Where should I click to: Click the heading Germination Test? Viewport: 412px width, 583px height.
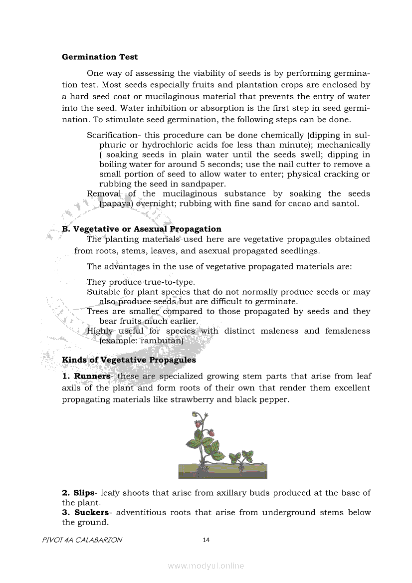click(x=100, y=57)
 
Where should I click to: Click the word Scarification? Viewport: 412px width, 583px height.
click(x=111, y=135)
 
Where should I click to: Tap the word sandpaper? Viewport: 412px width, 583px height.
click(x=203, y=184)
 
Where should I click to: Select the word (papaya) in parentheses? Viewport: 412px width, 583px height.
click(x=115, y=203)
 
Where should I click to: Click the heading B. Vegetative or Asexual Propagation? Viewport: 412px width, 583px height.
click(x=142, y=229)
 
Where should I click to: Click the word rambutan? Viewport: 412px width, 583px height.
click(x=162, y=341)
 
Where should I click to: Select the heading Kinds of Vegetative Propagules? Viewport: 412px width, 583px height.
click(x=129, y=360)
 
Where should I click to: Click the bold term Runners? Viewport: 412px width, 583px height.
click(x=92, y=376)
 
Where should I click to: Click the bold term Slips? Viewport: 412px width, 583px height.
click(x=83, y=493)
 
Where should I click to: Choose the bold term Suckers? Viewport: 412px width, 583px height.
click(x=91, y=512)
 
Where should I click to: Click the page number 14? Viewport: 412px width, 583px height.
click(x=206, y=540)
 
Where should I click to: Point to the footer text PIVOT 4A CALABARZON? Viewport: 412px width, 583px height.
click(x=82, y=540)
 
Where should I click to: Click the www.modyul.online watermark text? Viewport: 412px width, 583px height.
click(x=206, y=566)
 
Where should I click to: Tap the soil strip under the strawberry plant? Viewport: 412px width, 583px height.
click(x=222, y=471)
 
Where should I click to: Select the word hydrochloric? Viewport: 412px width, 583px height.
click(x=174, y=145)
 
